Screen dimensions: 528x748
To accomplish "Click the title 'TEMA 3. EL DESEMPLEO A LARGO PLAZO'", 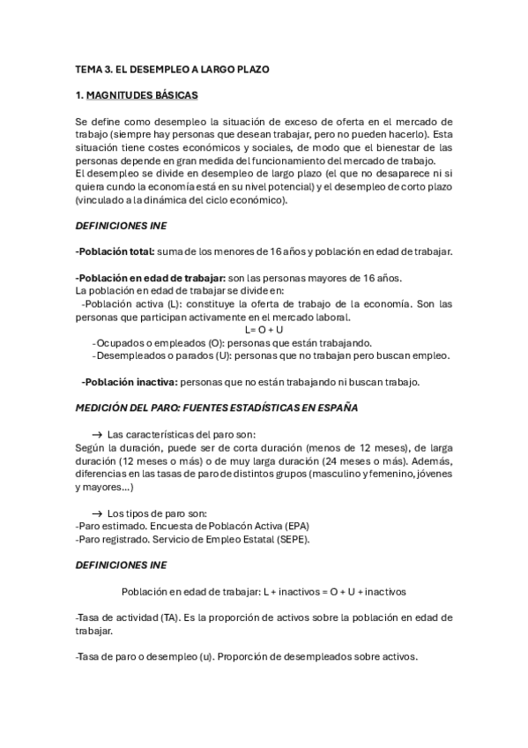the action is [172, 68].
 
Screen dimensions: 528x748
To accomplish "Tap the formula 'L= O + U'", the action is [264, 330].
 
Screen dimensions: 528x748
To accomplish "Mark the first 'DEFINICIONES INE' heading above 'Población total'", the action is [129, 226].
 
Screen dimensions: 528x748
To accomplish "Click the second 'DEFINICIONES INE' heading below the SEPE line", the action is [129, 565].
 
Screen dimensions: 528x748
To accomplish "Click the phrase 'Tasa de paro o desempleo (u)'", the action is [146, 656].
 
